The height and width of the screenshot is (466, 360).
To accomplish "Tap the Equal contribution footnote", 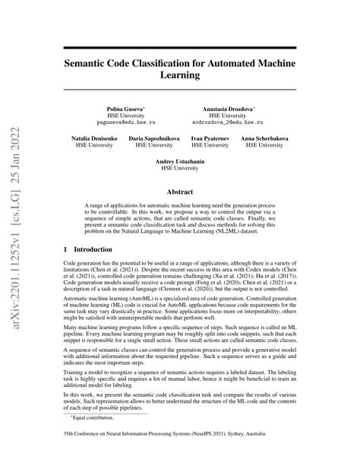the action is (x=94, y=439).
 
